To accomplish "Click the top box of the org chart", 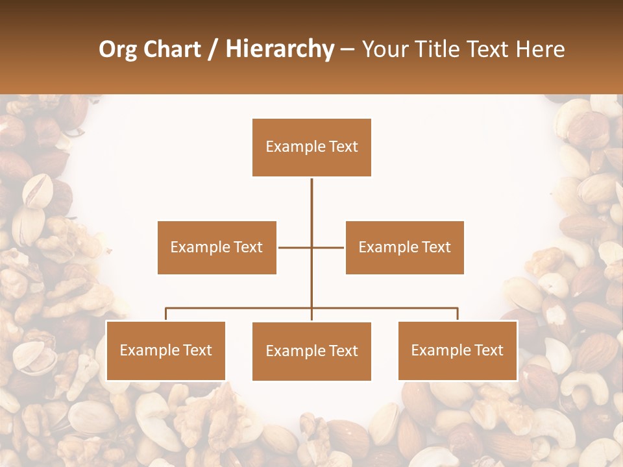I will click(311, 147).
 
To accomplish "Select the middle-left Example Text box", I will click(217, 247).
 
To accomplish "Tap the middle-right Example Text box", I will click(404, 247).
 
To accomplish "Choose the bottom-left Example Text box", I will click(165, 350).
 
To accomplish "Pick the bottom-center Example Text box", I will click(311, 351).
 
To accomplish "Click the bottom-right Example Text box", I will click(458, 350).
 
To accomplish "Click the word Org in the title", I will click(117, 49).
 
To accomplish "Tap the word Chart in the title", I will click(171, 49).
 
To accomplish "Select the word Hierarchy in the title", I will click(280, 49).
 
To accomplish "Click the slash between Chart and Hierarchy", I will click(214, 49).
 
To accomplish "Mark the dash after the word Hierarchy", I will click(347, 49).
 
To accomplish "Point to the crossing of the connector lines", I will click(311, 247).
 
